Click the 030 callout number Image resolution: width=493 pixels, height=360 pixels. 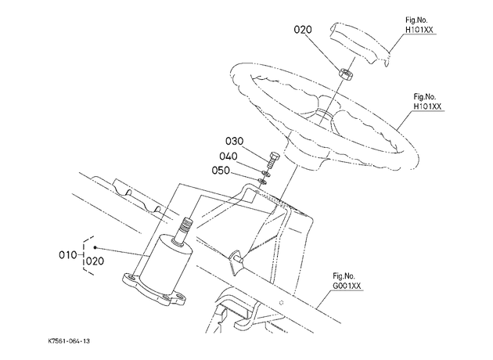[x=234, y=141]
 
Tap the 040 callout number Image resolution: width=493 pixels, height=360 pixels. [x=229, y=157]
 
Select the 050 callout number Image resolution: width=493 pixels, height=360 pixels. [x=221, y=171]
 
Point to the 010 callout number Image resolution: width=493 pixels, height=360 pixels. [x=67, y=254]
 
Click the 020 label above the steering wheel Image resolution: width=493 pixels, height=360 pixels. [x=303, y=30]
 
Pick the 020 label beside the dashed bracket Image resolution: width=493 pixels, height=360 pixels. [x=95, y=261]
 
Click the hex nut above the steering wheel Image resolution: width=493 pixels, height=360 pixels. [x=346, y=74]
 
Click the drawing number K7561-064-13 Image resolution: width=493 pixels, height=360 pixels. [x=69, y=341]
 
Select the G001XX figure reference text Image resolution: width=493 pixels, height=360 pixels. [x=347, y=286]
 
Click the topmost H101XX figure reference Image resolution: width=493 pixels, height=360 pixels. [x=419, y=30]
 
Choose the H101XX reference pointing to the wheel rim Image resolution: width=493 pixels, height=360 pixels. [x=427, y=106]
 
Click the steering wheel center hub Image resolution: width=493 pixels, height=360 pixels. [x=323, y=117]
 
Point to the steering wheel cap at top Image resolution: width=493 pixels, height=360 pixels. [x=360, y=43]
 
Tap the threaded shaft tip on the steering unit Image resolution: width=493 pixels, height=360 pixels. [x=185, y=225]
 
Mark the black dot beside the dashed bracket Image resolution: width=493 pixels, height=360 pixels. [x=95, y=248]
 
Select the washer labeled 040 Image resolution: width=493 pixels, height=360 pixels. [x=266, y=173]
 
